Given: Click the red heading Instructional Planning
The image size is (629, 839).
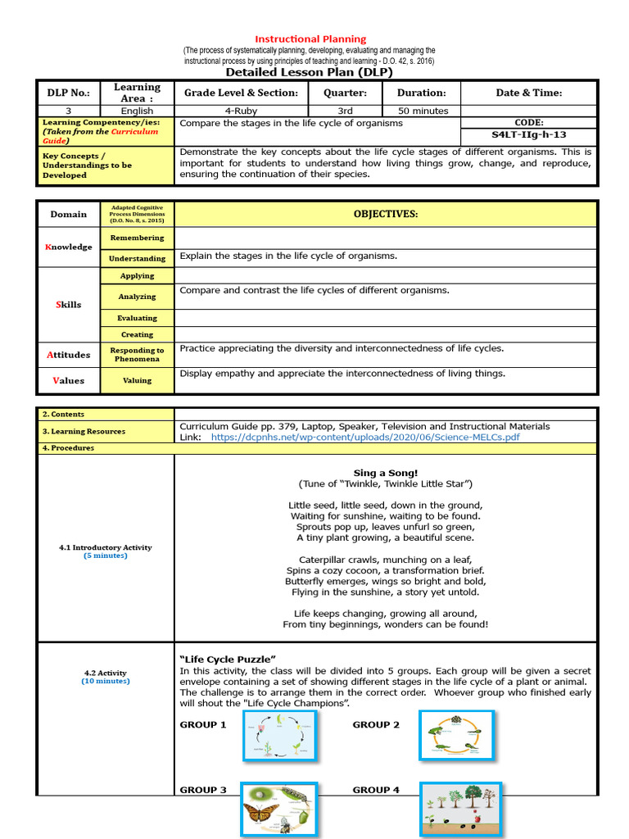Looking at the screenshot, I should (310, 39).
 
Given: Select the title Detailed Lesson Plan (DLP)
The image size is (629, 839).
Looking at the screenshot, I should (309, 72).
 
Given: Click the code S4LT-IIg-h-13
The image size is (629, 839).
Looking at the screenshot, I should (528, 134).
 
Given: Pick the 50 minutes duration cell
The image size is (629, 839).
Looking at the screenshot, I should (423, 111).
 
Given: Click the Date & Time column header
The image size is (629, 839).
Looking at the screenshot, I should (528, 93).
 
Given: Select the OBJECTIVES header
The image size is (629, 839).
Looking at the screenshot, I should (385, 214).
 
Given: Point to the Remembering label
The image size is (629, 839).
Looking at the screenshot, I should (137, 238).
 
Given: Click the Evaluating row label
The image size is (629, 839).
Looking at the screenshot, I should (137, 318).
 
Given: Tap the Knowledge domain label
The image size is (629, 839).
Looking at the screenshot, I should (68, 247).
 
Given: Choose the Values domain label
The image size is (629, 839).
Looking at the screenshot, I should (68, 380).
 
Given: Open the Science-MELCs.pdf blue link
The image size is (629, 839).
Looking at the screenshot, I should (364, 438).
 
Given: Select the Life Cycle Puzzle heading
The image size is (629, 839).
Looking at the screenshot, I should (228, 659).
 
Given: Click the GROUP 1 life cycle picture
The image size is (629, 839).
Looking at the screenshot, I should (279, 737).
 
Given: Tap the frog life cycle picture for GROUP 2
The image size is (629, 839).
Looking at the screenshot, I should (456, 737).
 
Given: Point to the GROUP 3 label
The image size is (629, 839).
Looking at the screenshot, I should (203, 790).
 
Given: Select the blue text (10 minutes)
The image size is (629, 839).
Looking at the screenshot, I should (105, 681).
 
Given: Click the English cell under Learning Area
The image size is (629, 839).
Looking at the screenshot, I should (137, 111).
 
